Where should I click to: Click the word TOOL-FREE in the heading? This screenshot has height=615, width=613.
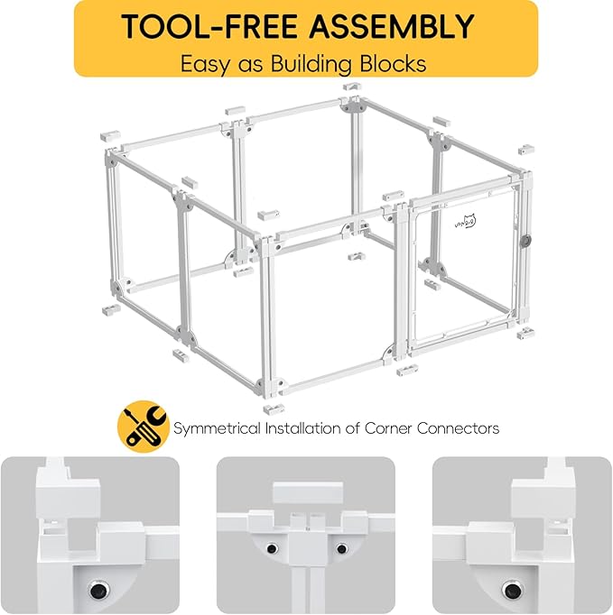click(209, 26)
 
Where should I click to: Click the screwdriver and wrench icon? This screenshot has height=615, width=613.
click(144, 427)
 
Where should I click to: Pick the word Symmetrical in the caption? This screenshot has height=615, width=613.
click(217, 428)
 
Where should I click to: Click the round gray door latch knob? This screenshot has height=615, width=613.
click(526, 241)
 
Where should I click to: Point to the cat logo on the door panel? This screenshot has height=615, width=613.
click(466, 221)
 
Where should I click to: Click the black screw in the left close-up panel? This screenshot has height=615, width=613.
click(98, 590)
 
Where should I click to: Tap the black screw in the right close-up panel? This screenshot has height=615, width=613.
click(512, 590)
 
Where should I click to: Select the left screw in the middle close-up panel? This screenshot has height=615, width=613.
click(272, 548)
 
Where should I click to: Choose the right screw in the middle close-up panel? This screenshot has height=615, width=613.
click(341, 548)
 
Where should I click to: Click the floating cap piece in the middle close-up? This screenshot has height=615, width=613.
click(308, 492)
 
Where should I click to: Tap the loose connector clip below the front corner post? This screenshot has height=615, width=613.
click(274, 408)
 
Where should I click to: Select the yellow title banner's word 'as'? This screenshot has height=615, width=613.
click(250, 67)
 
